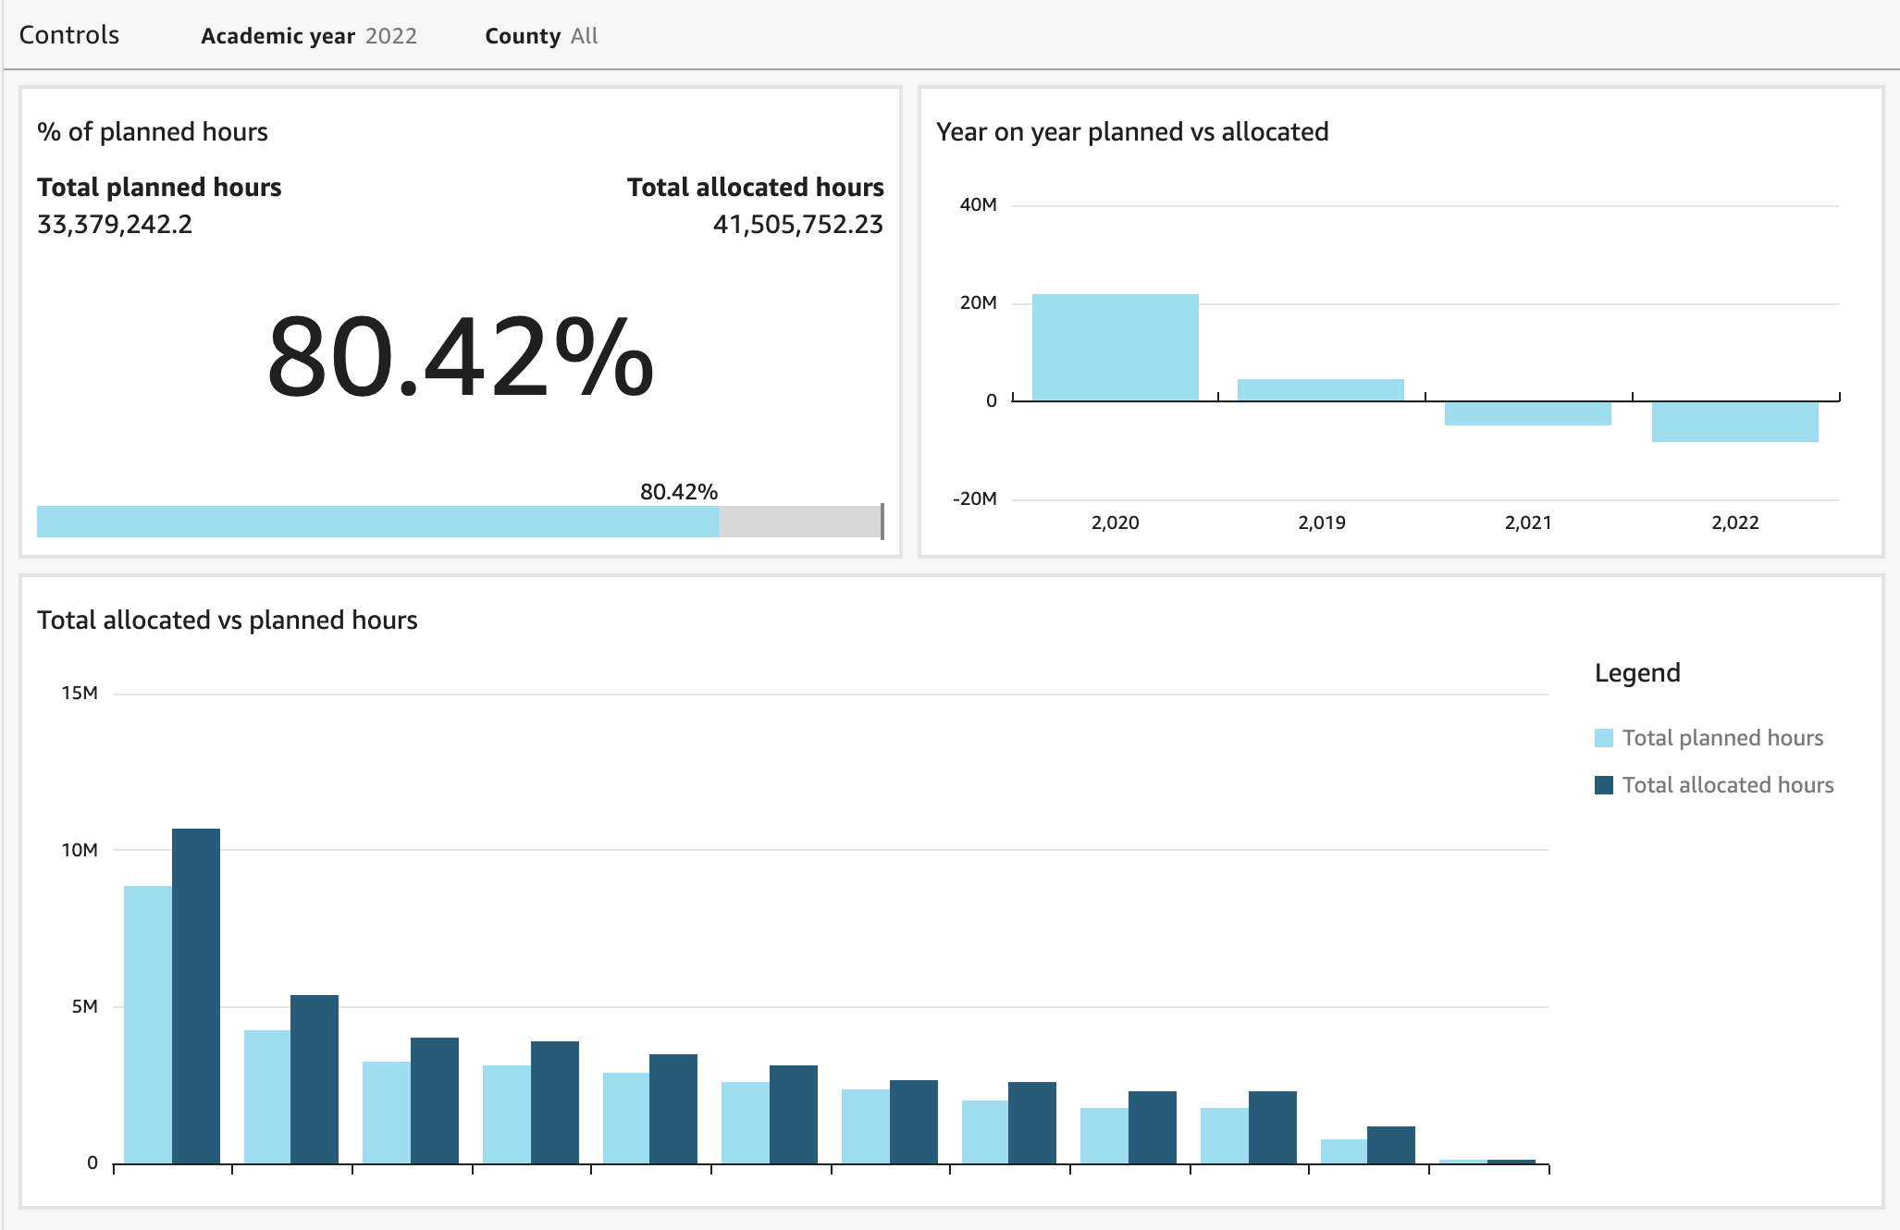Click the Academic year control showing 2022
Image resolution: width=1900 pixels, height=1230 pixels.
[309, 36]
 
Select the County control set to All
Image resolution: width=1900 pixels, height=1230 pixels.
[541, 36]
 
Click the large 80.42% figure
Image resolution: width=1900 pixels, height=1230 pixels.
[460, 358]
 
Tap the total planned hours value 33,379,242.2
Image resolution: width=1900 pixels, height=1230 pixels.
[115, 225]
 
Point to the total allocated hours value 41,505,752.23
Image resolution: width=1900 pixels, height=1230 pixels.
[797, 225]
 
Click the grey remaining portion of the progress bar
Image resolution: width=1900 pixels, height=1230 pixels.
[799, 522]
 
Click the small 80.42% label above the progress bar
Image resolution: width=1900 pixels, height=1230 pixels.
[678, 492]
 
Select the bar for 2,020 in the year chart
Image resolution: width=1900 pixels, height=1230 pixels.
[1115, 348]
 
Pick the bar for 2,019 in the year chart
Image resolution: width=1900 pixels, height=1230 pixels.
[1320, 390]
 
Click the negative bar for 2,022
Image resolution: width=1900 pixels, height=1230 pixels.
[1734, 422]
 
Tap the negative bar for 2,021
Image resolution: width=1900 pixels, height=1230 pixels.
[1527, 413]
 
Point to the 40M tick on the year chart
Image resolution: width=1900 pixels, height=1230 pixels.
[978, 205]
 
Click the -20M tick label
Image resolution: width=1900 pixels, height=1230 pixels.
[975, 499]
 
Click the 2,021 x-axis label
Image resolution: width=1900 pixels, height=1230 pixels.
[1527, 523]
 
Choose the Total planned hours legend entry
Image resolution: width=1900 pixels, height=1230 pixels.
[1721, 738]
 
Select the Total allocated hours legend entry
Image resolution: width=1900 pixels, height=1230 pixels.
[1727, 785]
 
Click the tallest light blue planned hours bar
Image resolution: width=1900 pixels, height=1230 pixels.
[148, 1024]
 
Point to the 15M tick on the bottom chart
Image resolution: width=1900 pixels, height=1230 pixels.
[80, 694]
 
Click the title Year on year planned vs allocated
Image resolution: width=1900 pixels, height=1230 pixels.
[1131, 132]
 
